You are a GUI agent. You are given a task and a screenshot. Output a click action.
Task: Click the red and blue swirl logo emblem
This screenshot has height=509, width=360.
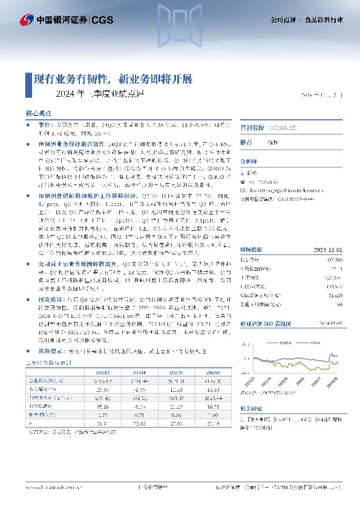tap(27, 20)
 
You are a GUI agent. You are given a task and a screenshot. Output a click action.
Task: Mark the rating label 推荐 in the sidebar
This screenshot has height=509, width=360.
tap(247, 142)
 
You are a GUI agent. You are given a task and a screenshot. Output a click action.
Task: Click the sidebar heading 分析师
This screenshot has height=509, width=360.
tap(249, 161)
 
